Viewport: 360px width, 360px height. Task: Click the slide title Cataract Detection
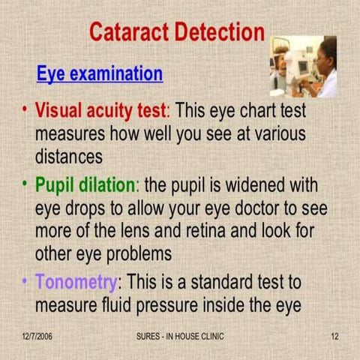point(177,32)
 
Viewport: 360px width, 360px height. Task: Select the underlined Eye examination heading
point(100,73)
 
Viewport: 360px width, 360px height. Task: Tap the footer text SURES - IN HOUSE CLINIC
point(179,336)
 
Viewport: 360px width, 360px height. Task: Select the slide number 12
point(334,336)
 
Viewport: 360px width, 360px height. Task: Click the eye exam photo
point(303,66)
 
